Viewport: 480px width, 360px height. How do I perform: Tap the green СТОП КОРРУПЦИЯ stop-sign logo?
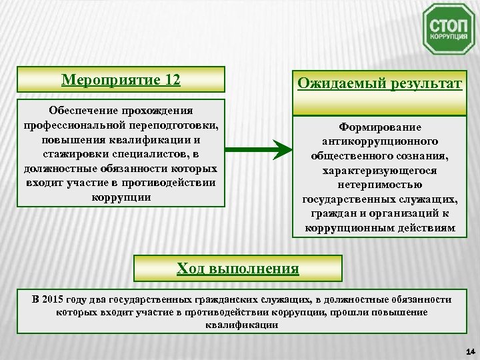click(x=449, y=29)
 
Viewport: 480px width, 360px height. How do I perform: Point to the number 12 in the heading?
click(x=171, y=80)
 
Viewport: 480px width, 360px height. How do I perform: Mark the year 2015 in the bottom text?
click(x=55, y=299)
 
